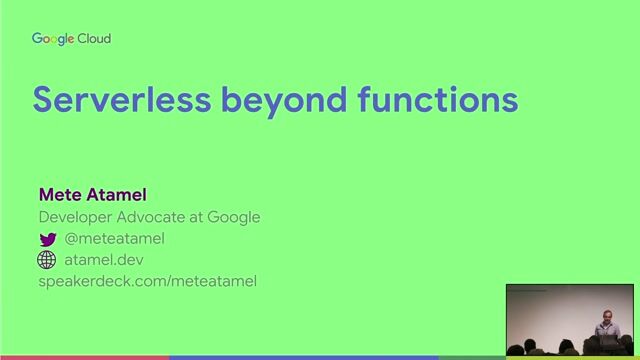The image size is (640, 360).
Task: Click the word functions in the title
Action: (439, 100)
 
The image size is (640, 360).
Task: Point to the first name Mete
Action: (58, 194)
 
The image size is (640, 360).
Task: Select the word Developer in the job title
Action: (78, 217)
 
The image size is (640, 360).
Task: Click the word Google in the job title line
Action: (235, 217)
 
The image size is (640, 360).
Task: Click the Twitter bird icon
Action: (47, 239)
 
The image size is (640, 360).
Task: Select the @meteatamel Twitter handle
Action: (114, 238)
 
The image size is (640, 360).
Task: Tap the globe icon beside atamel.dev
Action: (47, 260)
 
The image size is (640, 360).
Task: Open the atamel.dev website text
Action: (106, 260)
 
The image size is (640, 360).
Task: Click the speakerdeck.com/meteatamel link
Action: (147, 281)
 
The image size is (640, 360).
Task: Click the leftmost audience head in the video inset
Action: (516, 350)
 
